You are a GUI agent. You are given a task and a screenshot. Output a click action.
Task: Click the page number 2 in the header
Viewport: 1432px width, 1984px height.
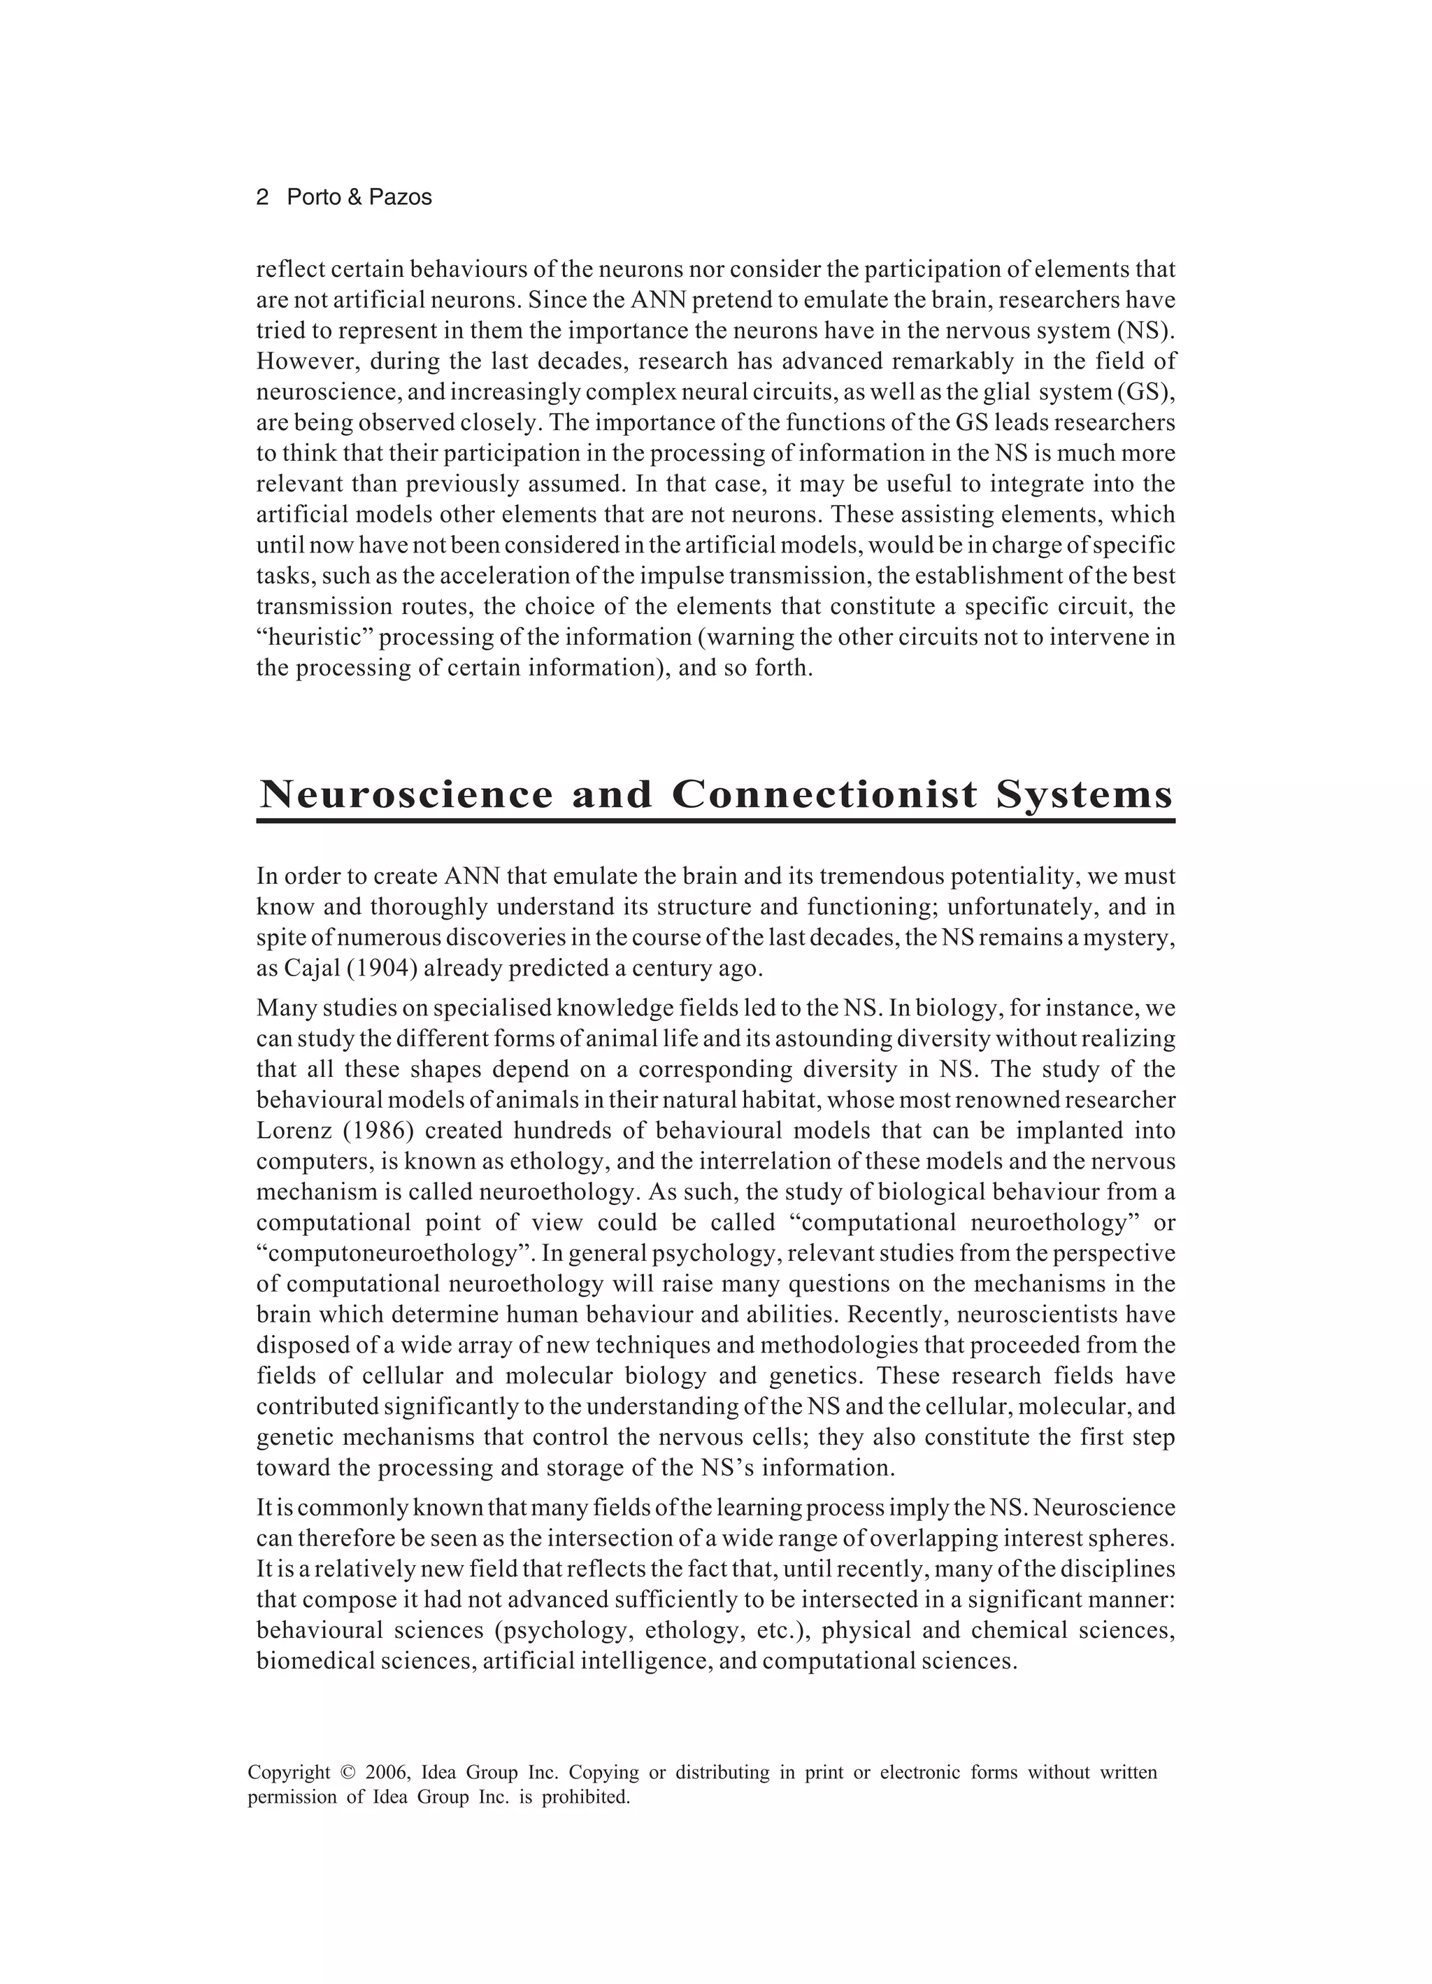pyautogui.click(x=262, y=198)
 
